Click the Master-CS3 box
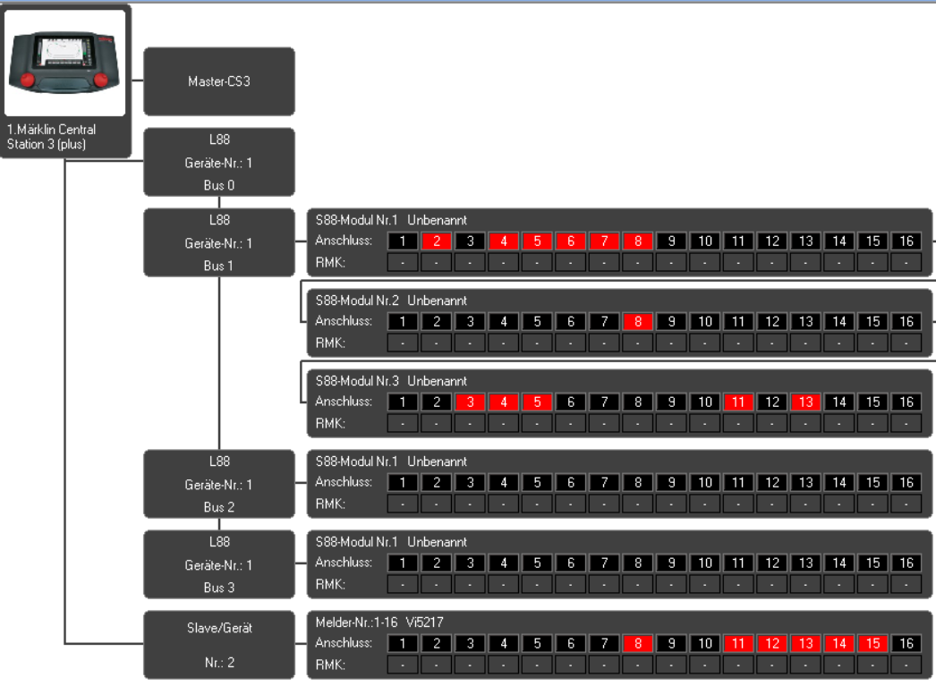tap(219, 81)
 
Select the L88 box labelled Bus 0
tap(219, 162)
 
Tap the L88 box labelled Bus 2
tap(219, 484)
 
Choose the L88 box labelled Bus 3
tap(219, 564)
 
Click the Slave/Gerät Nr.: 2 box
tap(219, 645)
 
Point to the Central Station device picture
tap(64, 63)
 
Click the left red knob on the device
tap(28, 80)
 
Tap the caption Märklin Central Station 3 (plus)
tap(51, 137)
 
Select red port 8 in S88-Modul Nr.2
tap(637, 321)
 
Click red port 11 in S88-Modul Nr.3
tap(738, 402)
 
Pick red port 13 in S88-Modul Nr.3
tap(806, 402)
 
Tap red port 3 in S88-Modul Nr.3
tap(470, 402)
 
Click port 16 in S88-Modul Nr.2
tap(906, 321)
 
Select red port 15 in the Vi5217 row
tap(872, 644)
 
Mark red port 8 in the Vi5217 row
tap(637, 644)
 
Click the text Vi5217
tap(424, 622)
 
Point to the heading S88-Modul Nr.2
tap(357, 301)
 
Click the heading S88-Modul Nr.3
tap(357, 381)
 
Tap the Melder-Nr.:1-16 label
tap(356, 622)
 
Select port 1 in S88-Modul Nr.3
tap(403, 402)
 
